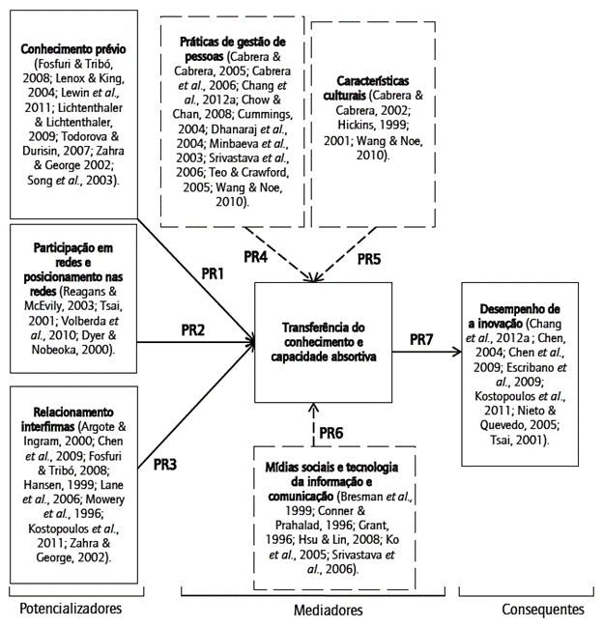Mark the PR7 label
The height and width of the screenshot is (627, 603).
point(422,339)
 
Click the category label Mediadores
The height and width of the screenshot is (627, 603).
point(328,611)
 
